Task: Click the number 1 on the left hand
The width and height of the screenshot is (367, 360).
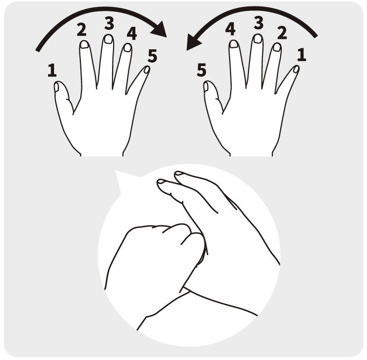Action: tap(52, 71)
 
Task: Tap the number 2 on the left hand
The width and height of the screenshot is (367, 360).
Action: tap(81, 30)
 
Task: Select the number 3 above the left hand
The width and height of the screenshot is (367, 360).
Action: tap(109, 23)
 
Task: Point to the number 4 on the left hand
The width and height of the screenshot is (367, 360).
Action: tap(132, 33)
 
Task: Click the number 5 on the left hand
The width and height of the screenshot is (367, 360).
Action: tap(152, 56)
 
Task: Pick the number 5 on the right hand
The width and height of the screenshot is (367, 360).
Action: tap(201, 70)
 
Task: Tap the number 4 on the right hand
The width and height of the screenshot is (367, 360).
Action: tap(230, 29)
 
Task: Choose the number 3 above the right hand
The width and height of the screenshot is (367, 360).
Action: tap(258, 23)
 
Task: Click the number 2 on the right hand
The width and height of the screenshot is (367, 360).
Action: tap(282, 33)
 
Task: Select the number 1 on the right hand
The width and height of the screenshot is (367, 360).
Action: tap(302, 55)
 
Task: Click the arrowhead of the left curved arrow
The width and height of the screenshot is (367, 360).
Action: tap(159, 29)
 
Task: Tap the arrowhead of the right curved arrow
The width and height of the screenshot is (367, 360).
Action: tap(194, 42)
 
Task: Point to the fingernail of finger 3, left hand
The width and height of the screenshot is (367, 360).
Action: tap(108, 39)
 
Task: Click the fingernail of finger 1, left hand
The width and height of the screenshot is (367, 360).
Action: tap(57, 87)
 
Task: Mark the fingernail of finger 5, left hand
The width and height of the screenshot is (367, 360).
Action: tap(147, 70)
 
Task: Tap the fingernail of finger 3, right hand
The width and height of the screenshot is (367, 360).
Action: tap(258, 39)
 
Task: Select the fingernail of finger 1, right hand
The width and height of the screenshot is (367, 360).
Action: tap(296, 70)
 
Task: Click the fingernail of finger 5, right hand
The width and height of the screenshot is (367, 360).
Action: tap(206, 86)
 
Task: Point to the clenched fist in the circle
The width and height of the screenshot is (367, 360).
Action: tap(154, 263)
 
